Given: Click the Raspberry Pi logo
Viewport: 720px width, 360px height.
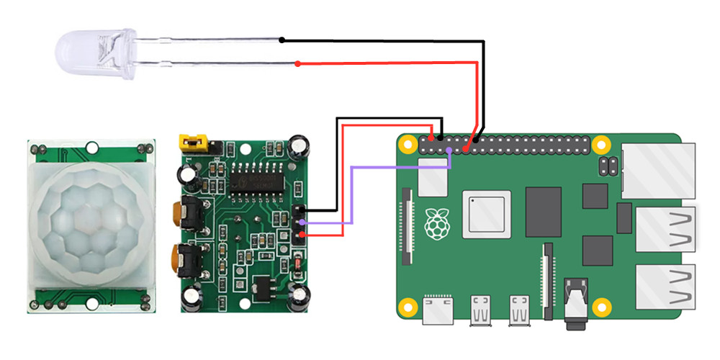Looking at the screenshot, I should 435,224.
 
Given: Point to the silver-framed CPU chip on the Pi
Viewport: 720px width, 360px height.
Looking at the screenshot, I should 487,214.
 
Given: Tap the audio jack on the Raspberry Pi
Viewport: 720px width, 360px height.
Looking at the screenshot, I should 576,302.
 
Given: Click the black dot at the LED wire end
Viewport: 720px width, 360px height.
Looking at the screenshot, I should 283,40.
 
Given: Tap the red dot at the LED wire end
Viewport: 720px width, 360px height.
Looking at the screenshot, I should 298,65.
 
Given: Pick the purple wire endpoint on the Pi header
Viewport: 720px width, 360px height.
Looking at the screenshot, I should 449,150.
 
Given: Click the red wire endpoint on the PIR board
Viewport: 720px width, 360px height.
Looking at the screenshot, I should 302,234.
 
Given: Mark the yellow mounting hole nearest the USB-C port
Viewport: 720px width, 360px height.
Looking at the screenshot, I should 408,305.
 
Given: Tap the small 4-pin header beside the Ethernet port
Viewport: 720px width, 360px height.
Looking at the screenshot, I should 607,167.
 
